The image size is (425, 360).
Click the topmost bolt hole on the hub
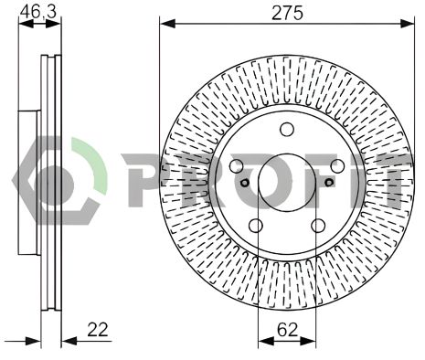(x=286, y=129)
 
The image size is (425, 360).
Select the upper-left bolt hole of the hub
(x=237, y=166)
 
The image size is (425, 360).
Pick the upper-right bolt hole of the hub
(x=336, y=166)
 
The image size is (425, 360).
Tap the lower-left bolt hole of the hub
(x=256, y=225)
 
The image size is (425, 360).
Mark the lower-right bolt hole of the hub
(x=317, y=225)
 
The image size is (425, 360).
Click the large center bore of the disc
(x=286, y=180)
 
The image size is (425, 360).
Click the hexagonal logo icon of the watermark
(x=64, y=179)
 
